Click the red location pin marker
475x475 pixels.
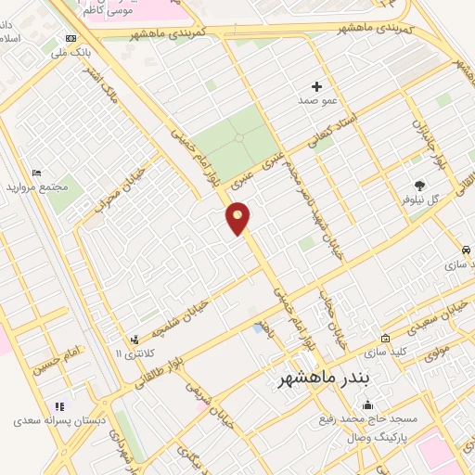(x=238, y=217)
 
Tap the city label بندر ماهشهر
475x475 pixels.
(x=324, y=380)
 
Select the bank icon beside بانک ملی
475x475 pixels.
(x=71, y=38)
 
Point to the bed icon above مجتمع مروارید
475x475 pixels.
(x=37, y=173)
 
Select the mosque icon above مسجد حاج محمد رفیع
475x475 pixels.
(x=369, y=404)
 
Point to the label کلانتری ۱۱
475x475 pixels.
(x=130, y=354)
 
